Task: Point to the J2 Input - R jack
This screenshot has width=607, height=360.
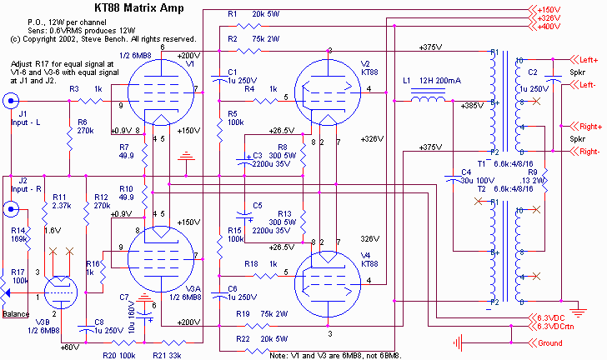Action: (11, 209)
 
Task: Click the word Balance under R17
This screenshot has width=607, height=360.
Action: (16, 313)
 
